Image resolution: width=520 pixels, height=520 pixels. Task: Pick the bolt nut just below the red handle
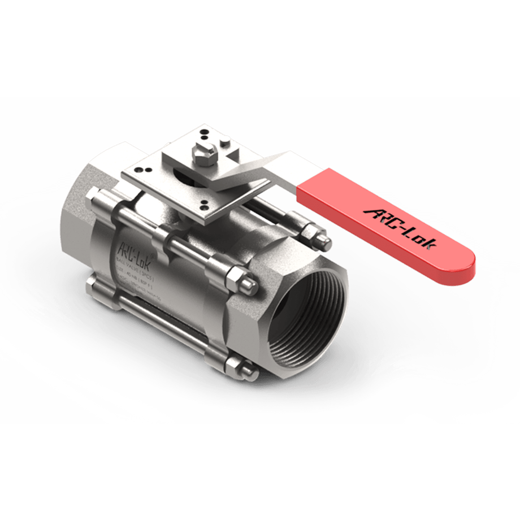314,235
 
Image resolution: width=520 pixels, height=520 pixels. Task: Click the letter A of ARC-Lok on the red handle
373,212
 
